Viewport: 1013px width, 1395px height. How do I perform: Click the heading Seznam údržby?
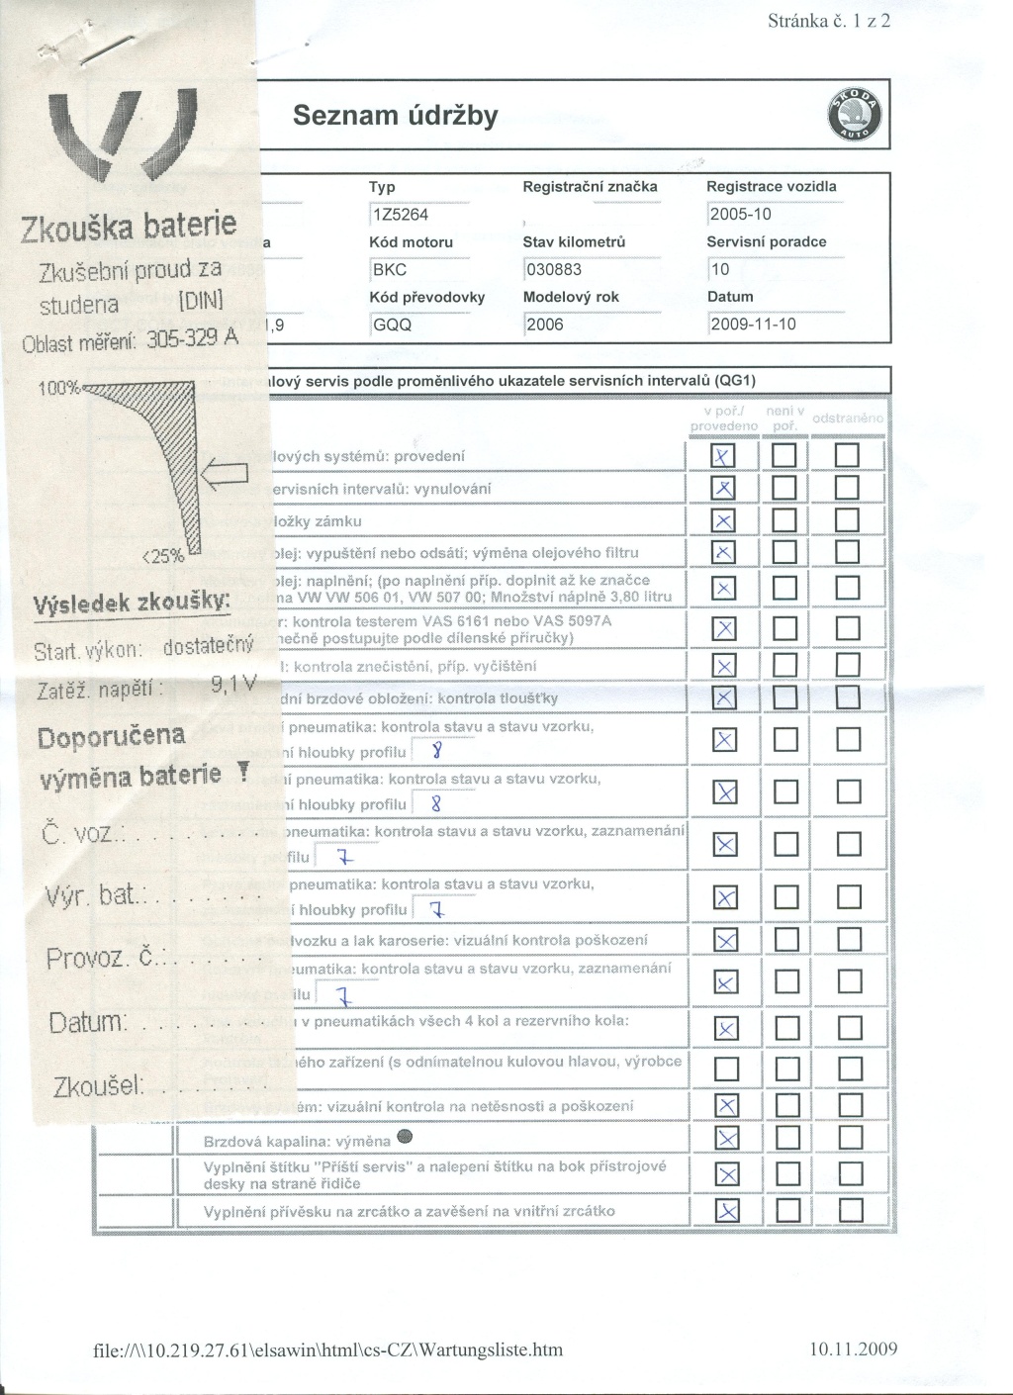pyautogui.click(x=396, y=117)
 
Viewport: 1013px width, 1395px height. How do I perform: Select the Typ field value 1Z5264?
pyautogui.click(x=399, y=215)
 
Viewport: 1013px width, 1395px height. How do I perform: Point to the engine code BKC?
pyautogui.click(x=389, y=269)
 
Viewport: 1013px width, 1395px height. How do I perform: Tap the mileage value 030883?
pyautogui.click(x=554, y=269)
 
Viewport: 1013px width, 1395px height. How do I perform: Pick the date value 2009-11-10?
pyautogui.click(x=753, y=325)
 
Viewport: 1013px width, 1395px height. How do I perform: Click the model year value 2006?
pyautogui.click(x=545, y=325)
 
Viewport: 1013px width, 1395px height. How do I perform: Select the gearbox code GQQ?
pyautogui.click(x=392, y=325)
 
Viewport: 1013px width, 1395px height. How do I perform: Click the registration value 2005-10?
pyautogui.click(x=741, y=215)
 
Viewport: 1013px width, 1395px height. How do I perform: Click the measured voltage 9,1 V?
pyautogui.click(x=233, y=684)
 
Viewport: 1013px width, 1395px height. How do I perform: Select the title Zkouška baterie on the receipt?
pyautogui.click(x=129, y=227)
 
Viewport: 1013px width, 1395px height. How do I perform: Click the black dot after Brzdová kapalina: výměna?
pyautogui.click(x=403, y=1136)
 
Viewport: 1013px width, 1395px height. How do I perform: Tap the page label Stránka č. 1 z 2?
pyautogui.click(x=829, y=22)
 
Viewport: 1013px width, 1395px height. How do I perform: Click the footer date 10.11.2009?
pyautogui.click(x=850, y=1348)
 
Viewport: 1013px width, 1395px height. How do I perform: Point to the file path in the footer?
pyautogui.click(x=327, y=1349)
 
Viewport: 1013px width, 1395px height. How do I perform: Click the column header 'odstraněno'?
pyautogui.click(x=848, y=418)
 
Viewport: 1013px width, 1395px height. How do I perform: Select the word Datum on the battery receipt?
pyautogui.click(x=87, y=1021)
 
